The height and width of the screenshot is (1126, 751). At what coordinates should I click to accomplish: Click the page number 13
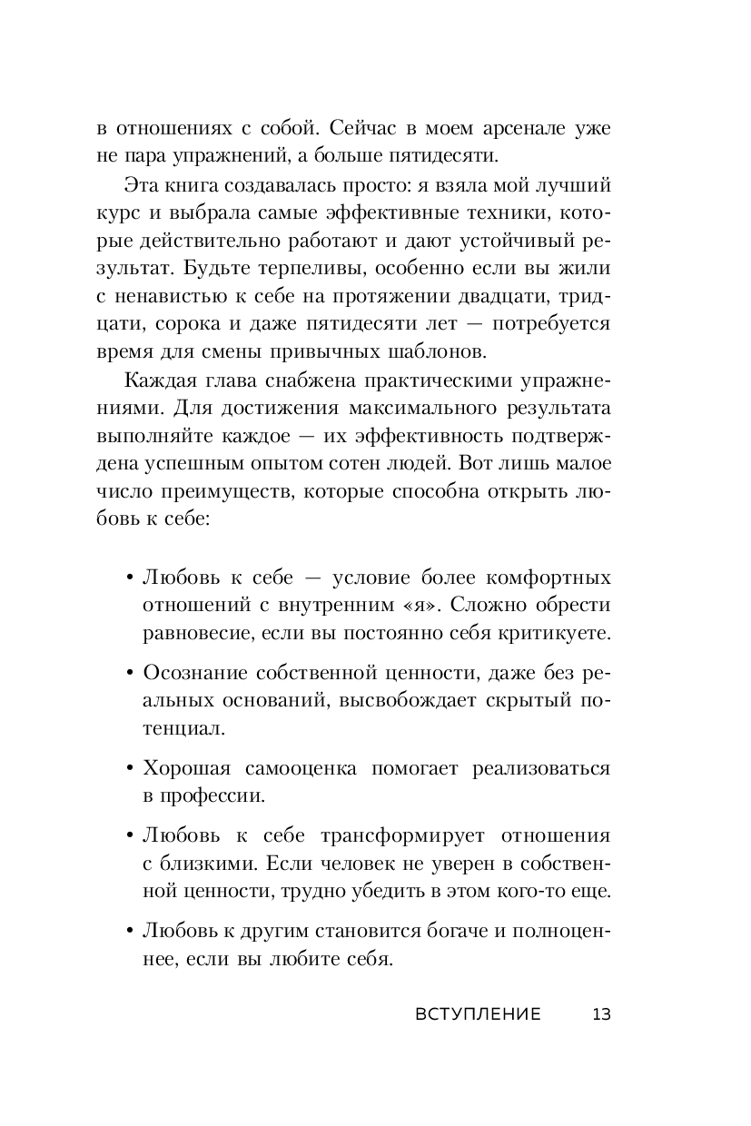pos(601,1014)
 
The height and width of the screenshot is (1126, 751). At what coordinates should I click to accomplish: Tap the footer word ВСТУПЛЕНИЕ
pos(477,1014)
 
